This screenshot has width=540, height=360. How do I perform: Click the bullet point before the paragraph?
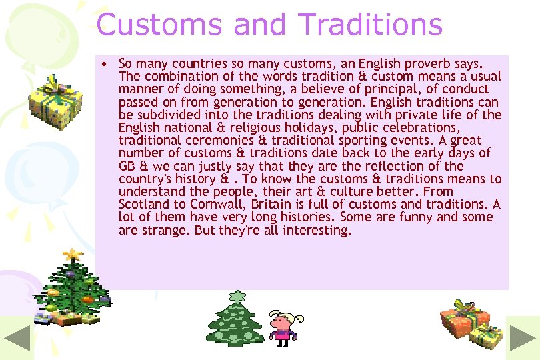coord(105,64)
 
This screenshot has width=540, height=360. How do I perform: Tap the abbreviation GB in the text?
coord(127,166)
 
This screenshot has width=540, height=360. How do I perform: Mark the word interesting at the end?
coord(316,231)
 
